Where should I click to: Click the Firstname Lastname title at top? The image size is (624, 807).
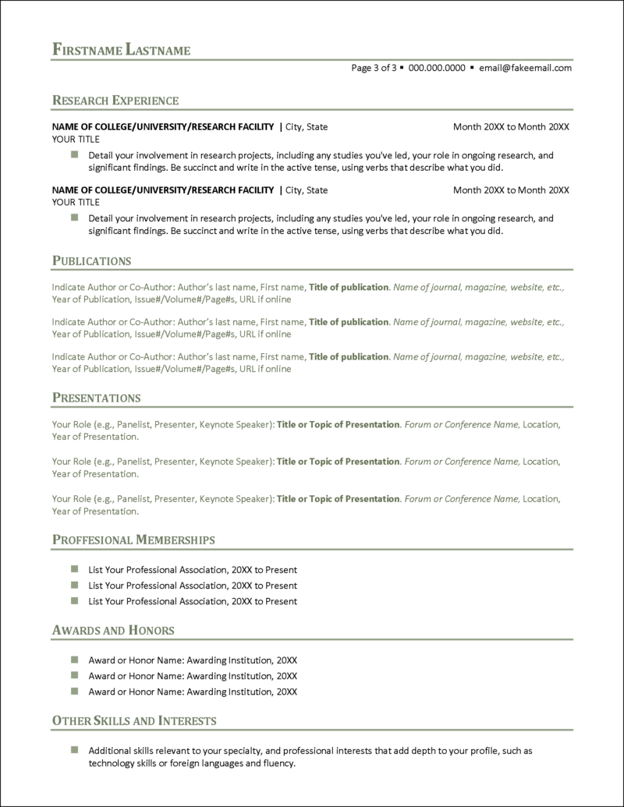pyautogui.click(x=121, y=50)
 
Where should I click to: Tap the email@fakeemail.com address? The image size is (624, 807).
pyautogui.click(x=525, y=68)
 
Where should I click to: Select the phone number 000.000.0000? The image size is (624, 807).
pyautogui.click(x=436, y=68)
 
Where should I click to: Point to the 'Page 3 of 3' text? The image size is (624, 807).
pyautogui.click(x=374, y=68)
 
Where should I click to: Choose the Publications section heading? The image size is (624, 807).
pyautogui.click(x=91, y=260)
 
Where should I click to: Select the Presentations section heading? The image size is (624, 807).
pyautogui.click(x=96, y=398)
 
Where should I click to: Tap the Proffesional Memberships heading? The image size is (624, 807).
pyautogui.click(x=133, y=540)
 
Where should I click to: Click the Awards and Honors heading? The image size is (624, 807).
pyautogui.click(x=112, y=630)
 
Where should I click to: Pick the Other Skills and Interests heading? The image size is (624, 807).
pyautogui.click(x=134, y=720)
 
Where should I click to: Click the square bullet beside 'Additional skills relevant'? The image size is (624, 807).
pyautogui.click(x=75, y=750)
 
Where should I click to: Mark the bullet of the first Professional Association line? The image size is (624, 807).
pyautogui.click(x=75, y=570)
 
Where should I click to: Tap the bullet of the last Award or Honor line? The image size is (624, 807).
pyautogui.click(x=75, y=692)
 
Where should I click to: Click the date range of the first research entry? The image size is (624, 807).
pyautogui.click(x=511, y=126)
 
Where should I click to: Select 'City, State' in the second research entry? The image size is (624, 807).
pyautogui.click(x=307, y=190)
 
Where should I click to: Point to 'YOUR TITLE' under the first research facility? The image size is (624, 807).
pyautogui.click(x=76, y=139)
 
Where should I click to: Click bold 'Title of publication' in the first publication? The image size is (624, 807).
pyautogui.click(x=349, y=287)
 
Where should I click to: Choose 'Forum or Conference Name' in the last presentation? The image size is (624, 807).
pyautogui.click(x=462, y=499)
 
